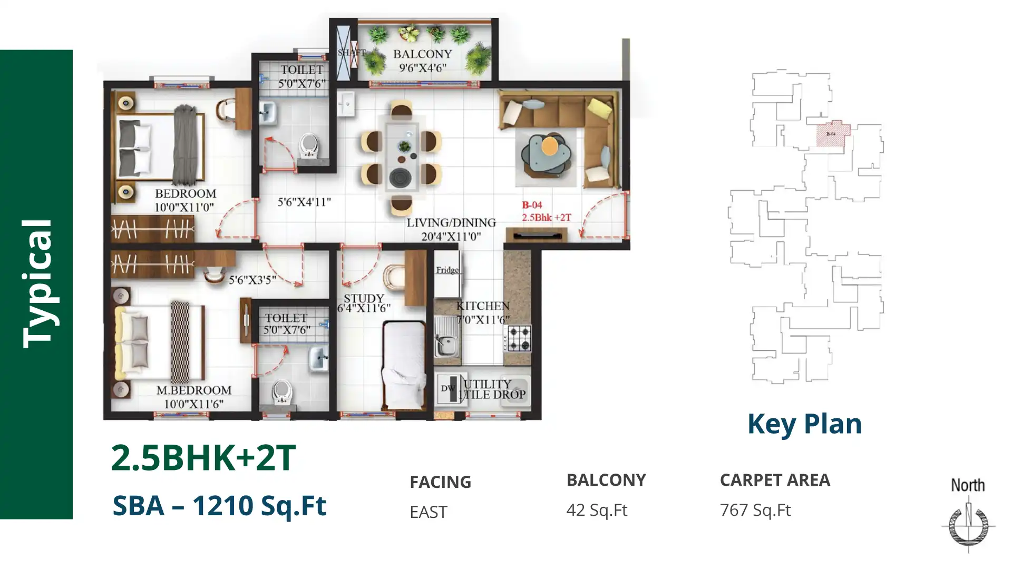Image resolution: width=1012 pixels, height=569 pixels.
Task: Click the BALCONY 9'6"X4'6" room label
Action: click(x=422, y=60)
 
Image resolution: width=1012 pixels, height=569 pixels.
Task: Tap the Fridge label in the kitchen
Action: click(x=447, y=270)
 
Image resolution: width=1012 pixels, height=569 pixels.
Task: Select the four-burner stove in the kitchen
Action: click(x=519, y=338)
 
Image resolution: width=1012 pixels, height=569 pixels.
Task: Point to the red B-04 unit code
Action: click(x=532, y=205)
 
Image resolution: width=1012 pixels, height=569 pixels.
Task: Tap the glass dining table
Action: click(x=402, y=156)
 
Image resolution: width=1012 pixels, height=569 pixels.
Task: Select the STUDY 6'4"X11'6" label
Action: click(x=363, y=303)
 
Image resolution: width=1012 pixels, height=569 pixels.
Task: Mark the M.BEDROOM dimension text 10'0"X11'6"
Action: click(x=193, y=404)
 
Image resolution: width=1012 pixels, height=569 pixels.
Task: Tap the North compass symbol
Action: click(x=968, y=524)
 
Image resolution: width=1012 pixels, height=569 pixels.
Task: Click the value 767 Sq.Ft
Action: click(x=755, y=510)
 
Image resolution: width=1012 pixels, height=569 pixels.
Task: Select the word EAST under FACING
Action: click(x=428, y=512)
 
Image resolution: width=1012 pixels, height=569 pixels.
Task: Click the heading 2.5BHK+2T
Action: click(x=203, y=457)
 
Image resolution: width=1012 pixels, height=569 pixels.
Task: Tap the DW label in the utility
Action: click(x=447, y=388)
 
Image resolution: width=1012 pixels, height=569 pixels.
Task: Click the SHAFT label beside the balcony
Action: click(x=351, y=52)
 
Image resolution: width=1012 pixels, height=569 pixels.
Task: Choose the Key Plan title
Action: click(x=804, y=424)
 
